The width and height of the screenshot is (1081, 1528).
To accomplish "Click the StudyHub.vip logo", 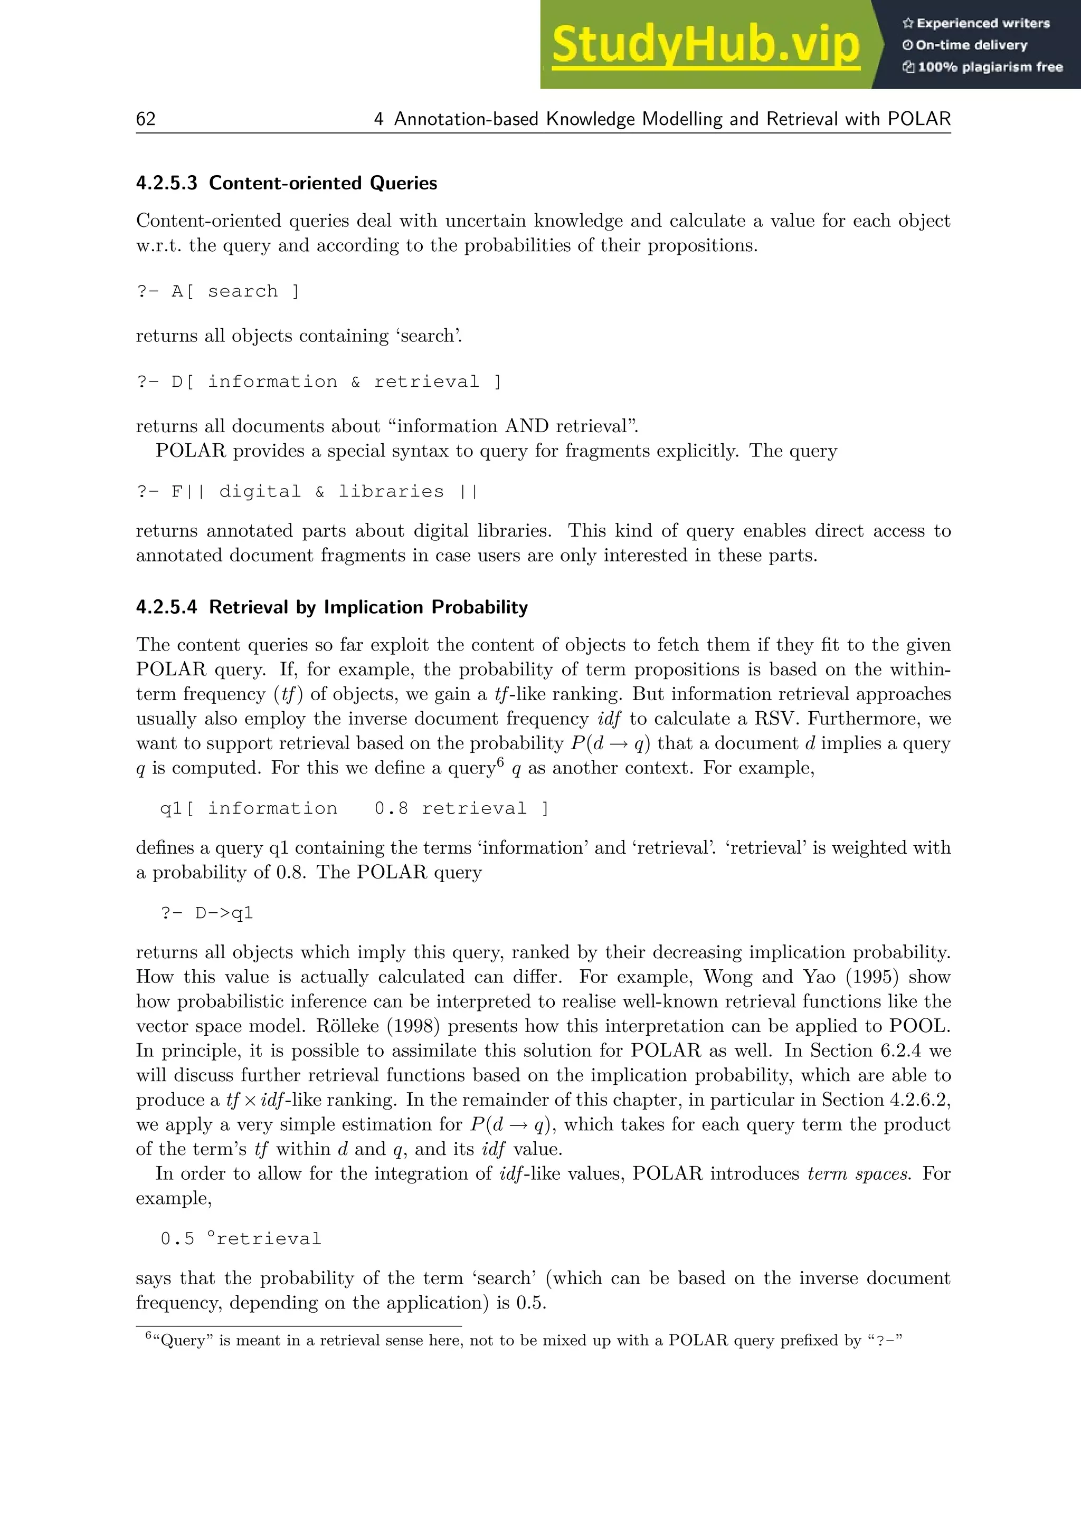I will click(x=706, y=45).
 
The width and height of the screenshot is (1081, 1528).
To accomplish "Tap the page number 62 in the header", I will click(x=146, y=119).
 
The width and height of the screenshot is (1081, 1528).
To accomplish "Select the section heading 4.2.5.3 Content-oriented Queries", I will click(x=286, y=183).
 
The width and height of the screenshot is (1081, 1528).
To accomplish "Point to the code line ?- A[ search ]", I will click(x=217, y=291).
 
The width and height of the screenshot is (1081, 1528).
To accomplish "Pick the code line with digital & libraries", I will click(x=307, y=492).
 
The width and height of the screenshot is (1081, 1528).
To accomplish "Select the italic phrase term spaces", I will click(x=858, y=1173).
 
